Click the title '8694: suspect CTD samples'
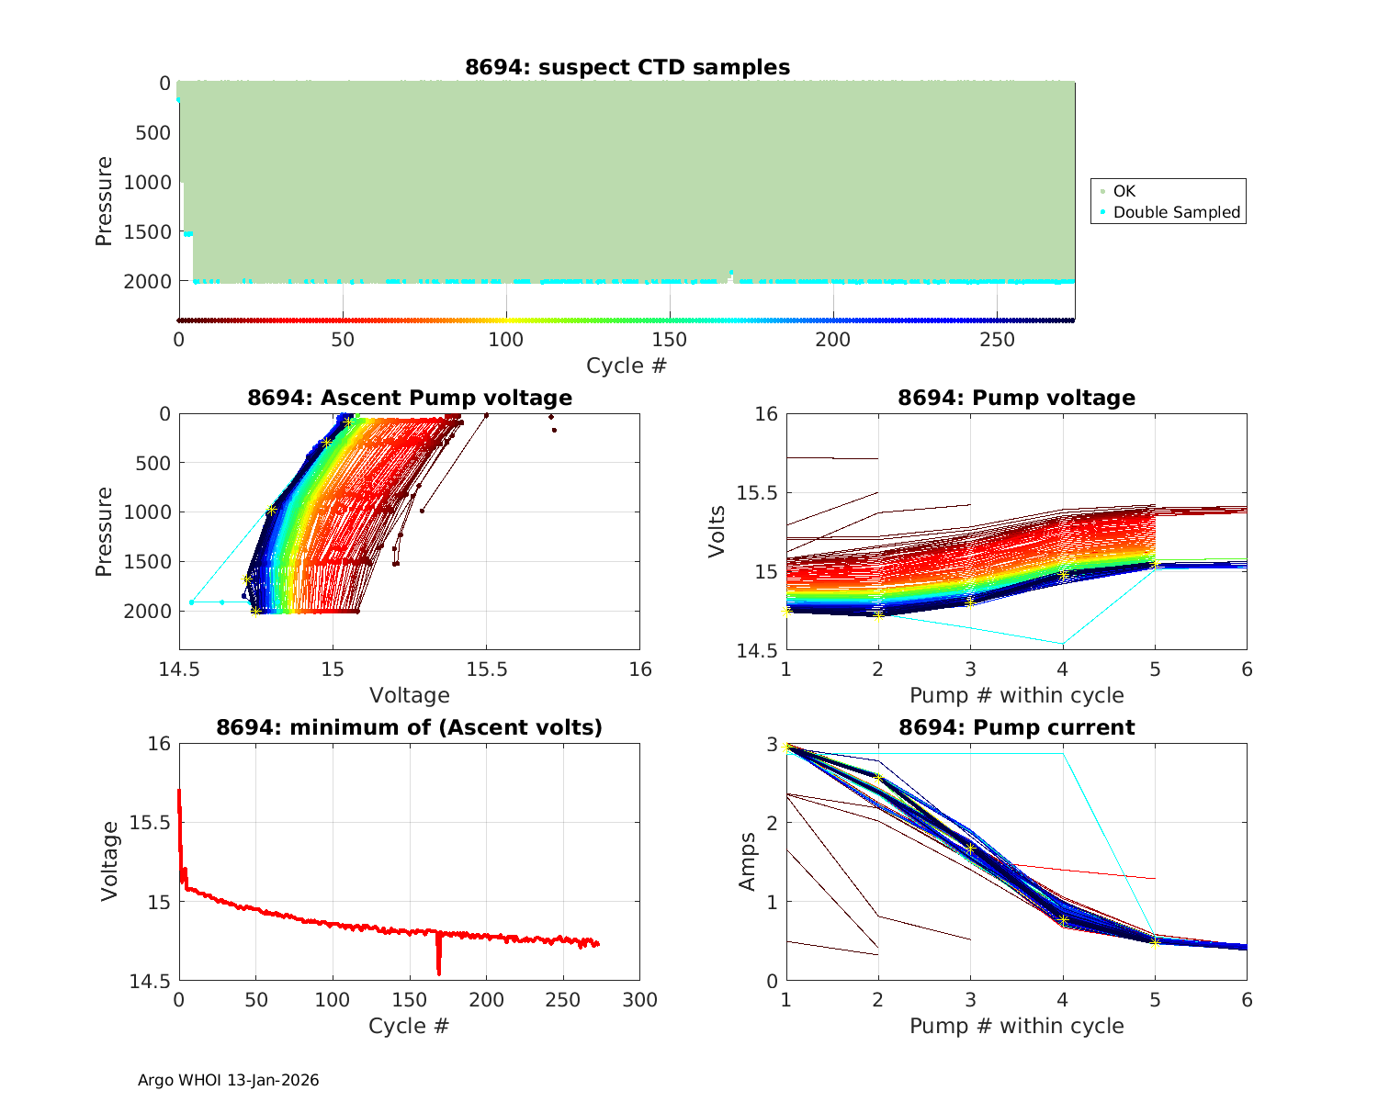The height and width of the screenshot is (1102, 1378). [x=627, y=67]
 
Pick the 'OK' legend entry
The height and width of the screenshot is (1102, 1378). [x=1124, y=191]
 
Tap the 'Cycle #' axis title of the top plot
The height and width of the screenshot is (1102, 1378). [x=627, y=365]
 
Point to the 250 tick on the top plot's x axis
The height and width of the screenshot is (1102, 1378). [x=998, y=340]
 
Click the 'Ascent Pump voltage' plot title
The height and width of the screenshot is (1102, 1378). [x=410, y=398]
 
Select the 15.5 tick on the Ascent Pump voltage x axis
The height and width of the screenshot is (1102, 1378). [x=487, y=669]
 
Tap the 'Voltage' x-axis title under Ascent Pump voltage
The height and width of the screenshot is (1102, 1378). [x=410, y=695]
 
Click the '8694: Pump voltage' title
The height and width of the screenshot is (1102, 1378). [x=1016, y=398]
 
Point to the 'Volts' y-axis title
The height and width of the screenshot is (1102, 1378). [x=717, y=532]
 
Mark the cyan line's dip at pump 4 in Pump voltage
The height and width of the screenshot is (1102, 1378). [x=1063, y=644]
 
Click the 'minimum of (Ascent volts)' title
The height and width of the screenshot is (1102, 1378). [x=410, y=727]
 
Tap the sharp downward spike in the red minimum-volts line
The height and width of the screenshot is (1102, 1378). [x=439, y=972]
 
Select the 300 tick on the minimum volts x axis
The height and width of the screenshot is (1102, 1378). [x=640, y=1000]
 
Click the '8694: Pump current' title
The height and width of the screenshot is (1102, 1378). [x=1016, y=727]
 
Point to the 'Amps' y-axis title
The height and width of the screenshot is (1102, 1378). [x=749, y=861]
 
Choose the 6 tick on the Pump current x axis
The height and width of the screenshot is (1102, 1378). [x=1247, y=1000]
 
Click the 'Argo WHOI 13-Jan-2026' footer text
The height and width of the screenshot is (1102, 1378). [x=229, y=1080]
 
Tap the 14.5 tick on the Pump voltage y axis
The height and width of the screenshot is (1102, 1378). [x=758, y=650]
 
